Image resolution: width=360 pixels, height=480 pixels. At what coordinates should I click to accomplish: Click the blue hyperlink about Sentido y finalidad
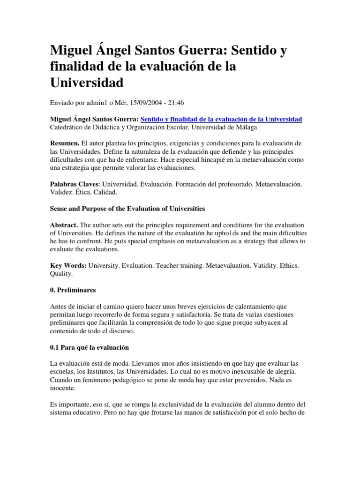[x=221, y=119]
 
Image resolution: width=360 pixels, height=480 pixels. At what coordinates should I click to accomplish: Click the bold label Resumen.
[x=65, y=142]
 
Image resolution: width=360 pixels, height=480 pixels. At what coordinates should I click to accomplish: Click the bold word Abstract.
[x=64, y=225]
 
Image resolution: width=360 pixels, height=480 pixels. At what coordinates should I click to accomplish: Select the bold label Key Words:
[x=68, y=265]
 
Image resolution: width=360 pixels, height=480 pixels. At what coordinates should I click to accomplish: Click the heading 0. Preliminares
[x=73, y=290]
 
